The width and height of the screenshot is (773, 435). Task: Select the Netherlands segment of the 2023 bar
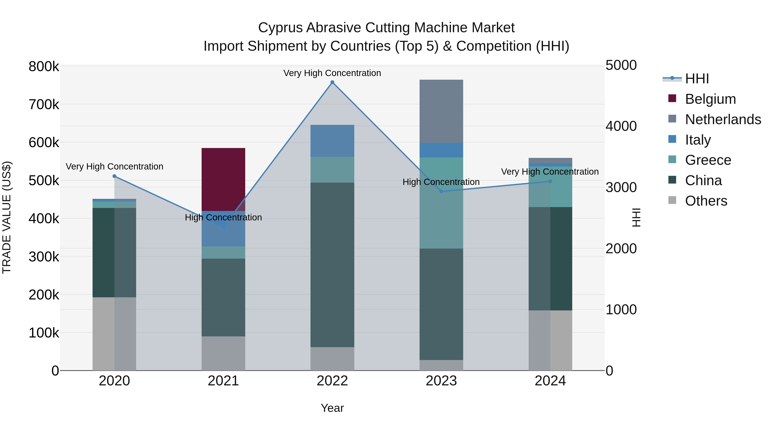pyautogui.click(x=441, y=111)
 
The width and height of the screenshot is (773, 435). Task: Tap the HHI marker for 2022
pyautogui.click(x=332, y=82)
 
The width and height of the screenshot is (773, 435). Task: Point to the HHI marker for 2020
pyautogui.click(x=114, y=176)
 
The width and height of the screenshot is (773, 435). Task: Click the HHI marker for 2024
pyautogui.click(x=550, y=181)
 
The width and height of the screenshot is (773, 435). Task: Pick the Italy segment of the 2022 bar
pyautogui.click(x=332, y=140)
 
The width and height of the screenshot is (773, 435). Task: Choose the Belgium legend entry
pyautogui.click(x=710, y=99)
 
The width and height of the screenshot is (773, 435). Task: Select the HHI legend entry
pyautogui.click(x=697, y=79)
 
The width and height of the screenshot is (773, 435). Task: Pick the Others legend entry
pyautogui.click(x=706, y=201)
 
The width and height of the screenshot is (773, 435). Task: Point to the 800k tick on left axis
pyautogui.click(x=44, y=66)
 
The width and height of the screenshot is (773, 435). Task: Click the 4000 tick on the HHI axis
pyautogui.click(x=621, y=126)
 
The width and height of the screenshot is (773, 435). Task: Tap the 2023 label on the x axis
pyautogui.click(x=441, y=381)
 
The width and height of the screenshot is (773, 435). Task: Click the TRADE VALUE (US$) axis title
pyautogui.click(x=7, y=217)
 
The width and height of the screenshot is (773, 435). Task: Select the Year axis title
pyautogui.click(x=332, y=408)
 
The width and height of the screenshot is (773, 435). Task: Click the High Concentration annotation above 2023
pyautogui.click(x=441, y=182)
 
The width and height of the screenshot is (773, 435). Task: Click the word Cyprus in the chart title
pyautogui.click(x=280, y=28)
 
